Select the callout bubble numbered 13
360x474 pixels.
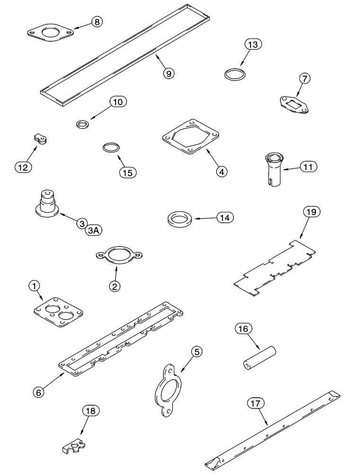pyautogui.click(x=253, y=46)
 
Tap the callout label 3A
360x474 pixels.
pyautogui.click(x=94, y=230)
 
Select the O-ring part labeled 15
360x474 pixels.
pyautogui.click(x=110, y=147)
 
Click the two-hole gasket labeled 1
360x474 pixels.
pyautogui.click(x=59, y=312)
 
